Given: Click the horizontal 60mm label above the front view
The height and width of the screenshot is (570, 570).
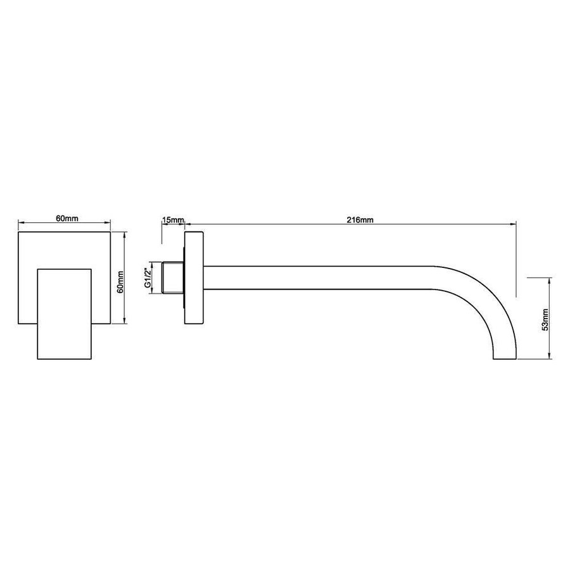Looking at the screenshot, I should pos(66,218).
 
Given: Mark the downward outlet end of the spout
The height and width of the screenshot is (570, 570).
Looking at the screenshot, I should pos(505,356).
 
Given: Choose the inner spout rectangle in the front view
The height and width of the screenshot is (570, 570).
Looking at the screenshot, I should pos(65,315).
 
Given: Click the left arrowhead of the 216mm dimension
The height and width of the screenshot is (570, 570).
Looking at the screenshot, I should pos(188,224).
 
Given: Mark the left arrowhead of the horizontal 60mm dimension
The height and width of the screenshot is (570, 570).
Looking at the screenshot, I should pos(21,223).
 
